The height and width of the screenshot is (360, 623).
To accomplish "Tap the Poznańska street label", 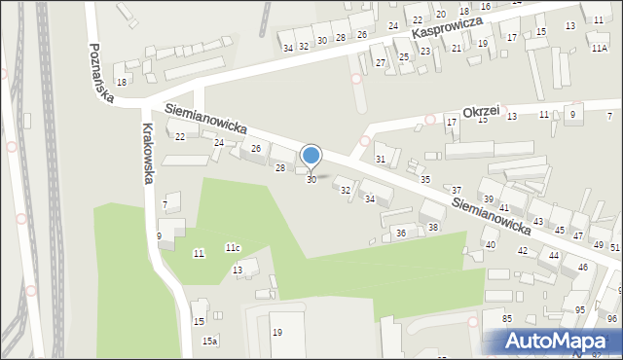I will [x=100, y=72].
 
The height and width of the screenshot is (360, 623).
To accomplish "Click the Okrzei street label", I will [x=482, y=112].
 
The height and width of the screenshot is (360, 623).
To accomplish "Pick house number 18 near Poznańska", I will [x=121, y=82].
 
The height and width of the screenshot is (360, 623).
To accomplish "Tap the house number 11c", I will [x=233, y=248].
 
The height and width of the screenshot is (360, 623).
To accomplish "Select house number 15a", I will [x=209, y=341].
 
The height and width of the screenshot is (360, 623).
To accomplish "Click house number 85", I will [x=507, y=319].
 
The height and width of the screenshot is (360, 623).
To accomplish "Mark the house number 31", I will [x=382, y=159].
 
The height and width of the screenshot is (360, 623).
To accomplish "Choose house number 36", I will [x=400, y=234].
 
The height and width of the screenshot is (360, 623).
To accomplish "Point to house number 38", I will [x=433, y=227].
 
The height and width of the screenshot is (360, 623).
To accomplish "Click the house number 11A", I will [x=599, y=47].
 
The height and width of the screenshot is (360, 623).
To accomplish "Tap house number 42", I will [x=523, y=251].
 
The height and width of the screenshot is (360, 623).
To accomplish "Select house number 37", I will [x=457, y=190].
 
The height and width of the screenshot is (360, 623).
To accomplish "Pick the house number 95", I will [x=580, y=309].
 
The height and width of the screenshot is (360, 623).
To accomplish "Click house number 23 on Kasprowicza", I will [x=424, y=51].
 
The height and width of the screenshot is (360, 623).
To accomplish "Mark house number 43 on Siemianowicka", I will [x=537, y=223].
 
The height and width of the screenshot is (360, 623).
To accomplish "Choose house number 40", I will [x=491, y=245].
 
